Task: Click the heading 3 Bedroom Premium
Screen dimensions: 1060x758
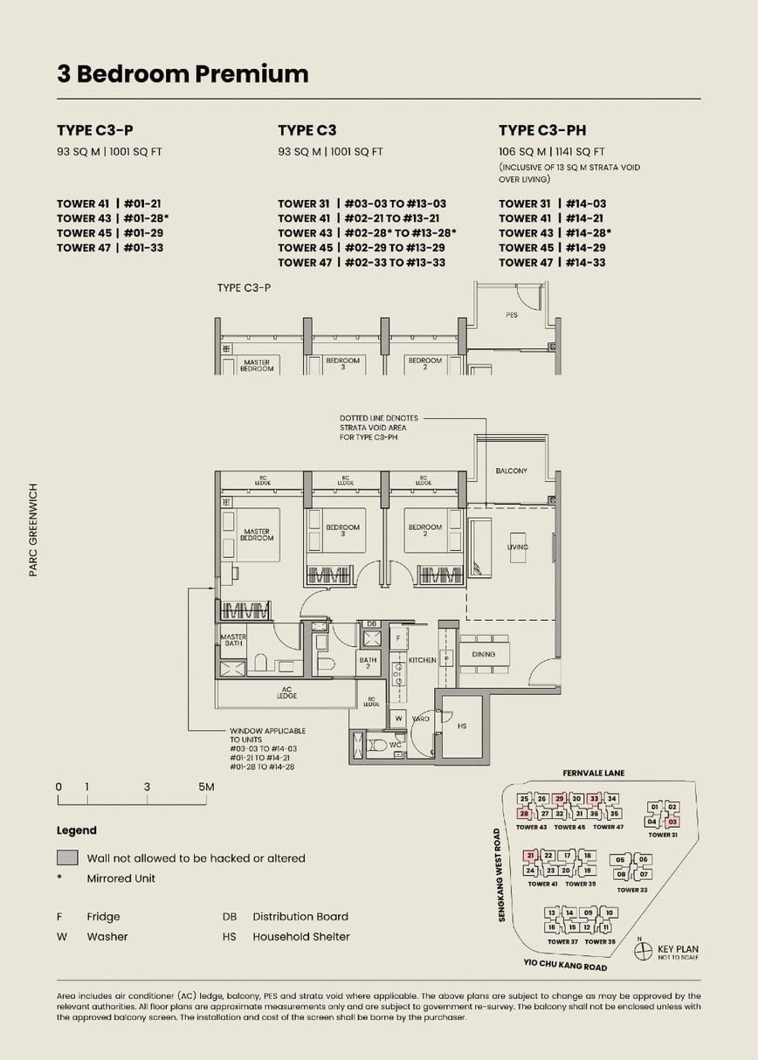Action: (x=183, y=74)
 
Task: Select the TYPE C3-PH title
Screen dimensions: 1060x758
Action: (x=542, y=131)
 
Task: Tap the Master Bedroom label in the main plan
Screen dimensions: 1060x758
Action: (x=257, y=534)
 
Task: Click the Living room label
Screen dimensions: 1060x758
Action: (x=517, y=547)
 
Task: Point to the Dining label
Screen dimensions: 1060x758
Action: (x=483, y=654)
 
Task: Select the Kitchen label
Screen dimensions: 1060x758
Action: (x=422, y=660)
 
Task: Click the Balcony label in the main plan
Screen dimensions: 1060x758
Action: (x=511, y=471)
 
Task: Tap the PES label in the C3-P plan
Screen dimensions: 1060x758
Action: (x=511, y=314)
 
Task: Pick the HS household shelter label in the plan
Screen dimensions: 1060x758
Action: (x=462, y=726)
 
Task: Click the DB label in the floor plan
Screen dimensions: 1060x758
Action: (x=371, y=623)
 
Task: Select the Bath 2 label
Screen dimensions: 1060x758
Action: (x=368, y=664)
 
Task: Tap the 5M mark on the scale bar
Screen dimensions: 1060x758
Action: (x=206, y=787)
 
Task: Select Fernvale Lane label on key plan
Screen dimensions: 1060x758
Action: (x=594, y=774)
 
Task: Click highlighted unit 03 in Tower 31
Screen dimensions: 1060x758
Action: (x=672, y=822)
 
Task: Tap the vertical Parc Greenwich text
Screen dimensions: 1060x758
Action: (x=34, y=530)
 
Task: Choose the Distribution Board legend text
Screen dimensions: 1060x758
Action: (x=300, y=917)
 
